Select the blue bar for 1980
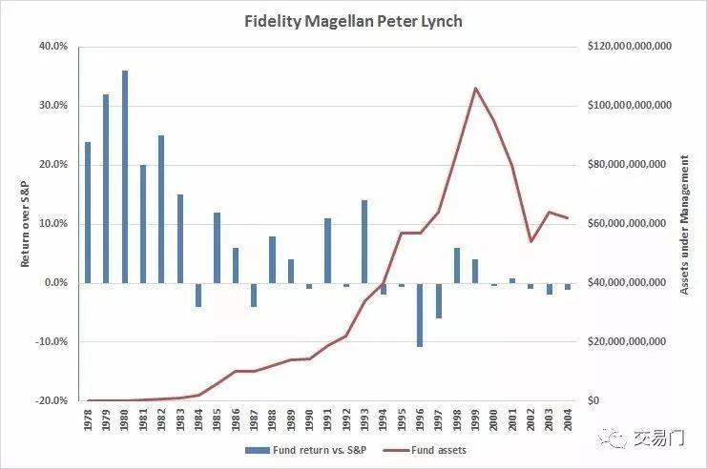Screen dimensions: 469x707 point(125,176)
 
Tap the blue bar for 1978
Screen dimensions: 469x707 point(88,212)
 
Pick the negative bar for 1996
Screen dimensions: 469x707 point(420,315)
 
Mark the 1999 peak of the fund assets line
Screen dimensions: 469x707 point(475,88)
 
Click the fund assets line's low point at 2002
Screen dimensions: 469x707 point(530,241)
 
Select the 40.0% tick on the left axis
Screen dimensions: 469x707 point(53,46)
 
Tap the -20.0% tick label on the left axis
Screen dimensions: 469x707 point(52,400)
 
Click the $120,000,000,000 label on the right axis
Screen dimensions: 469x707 point(628,46)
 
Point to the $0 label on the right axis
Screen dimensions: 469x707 point(593,400)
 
